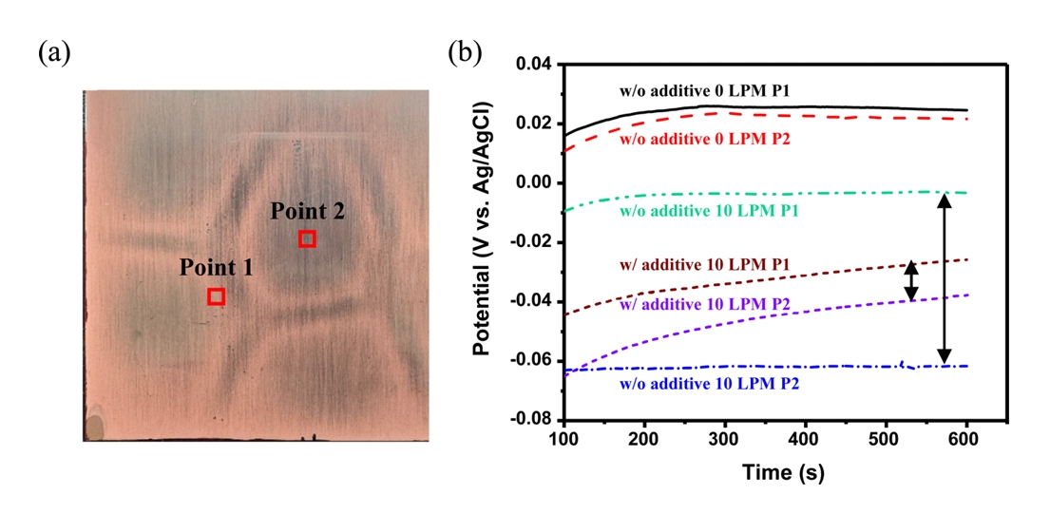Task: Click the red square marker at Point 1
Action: coord(217,296)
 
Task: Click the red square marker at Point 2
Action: coord(307,238)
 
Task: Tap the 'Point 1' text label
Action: coord(217,269)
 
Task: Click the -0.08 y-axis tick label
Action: coord(532,419)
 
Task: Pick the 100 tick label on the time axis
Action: coord(564,440)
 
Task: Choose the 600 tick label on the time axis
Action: coord(966,440)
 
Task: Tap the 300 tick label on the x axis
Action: coord(725,440)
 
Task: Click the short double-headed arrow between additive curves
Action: coord(911,280)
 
